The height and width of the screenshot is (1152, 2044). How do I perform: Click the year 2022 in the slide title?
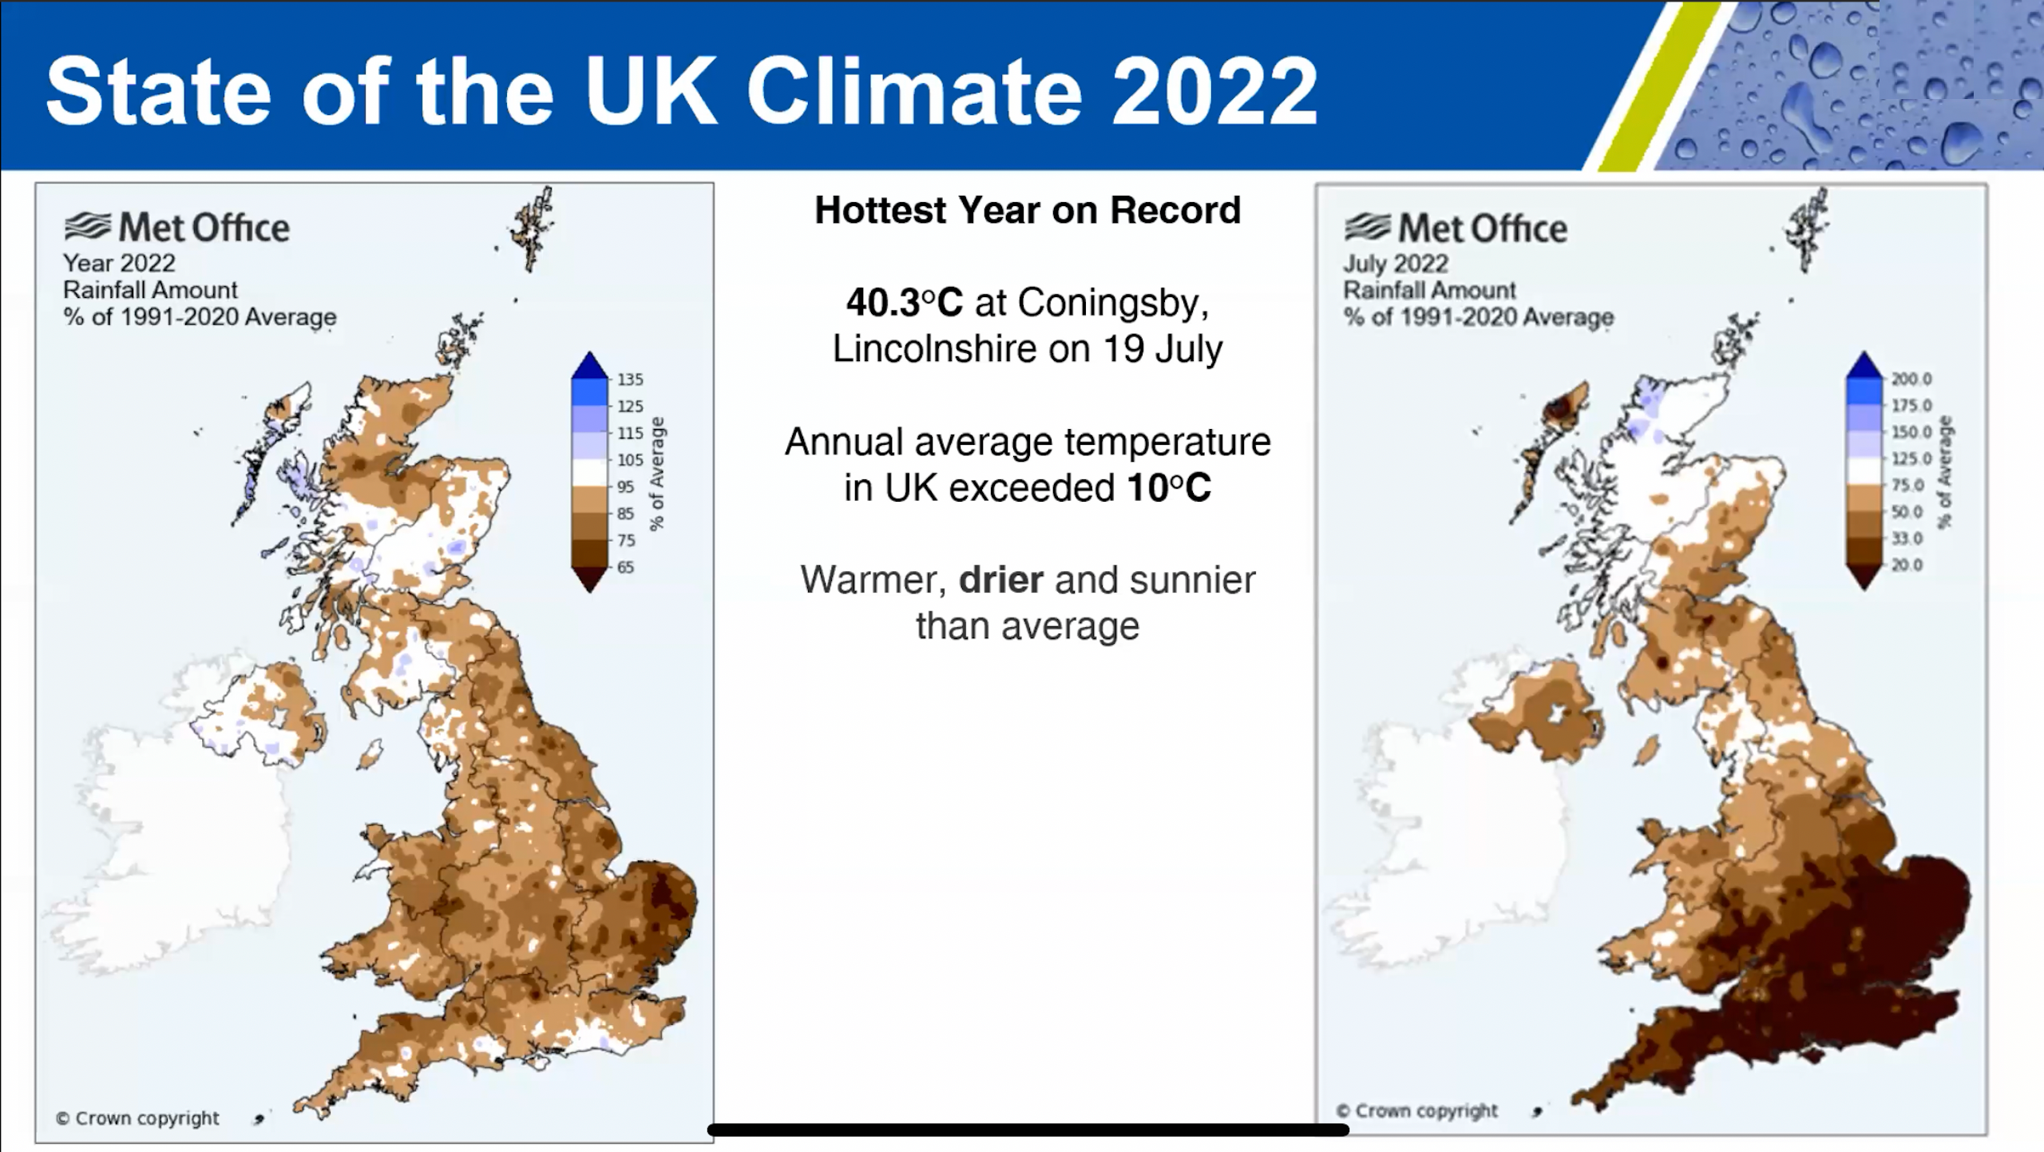[1214, 92]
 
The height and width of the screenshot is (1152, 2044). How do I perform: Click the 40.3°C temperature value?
[905, 303]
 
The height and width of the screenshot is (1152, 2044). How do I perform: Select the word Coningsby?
[1112, 304]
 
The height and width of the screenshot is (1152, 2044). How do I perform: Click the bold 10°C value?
[1169, 487]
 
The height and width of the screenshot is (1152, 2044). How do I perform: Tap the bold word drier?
[1001, 580]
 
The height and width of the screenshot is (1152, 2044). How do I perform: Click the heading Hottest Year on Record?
[1028, 211]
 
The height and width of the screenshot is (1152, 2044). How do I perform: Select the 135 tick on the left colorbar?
[630, 379]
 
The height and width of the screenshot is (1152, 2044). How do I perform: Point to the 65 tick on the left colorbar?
[626, 567]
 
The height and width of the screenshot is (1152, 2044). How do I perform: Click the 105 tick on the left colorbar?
[630, 460]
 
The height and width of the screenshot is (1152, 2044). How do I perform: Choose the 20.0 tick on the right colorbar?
[1907, 566]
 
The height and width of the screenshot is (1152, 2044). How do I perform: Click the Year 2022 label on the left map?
[119, 263]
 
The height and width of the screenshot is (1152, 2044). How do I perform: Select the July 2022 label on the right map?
[1396, 264]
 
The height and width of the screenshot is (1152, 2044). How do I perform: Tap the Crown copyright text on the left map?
[137, 1118]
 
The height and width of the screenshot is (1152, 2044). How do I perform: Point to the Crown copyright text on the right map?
[1417, 1111]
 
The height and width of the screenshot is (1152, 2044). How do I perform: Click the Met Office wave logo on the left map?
[88, 227]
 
